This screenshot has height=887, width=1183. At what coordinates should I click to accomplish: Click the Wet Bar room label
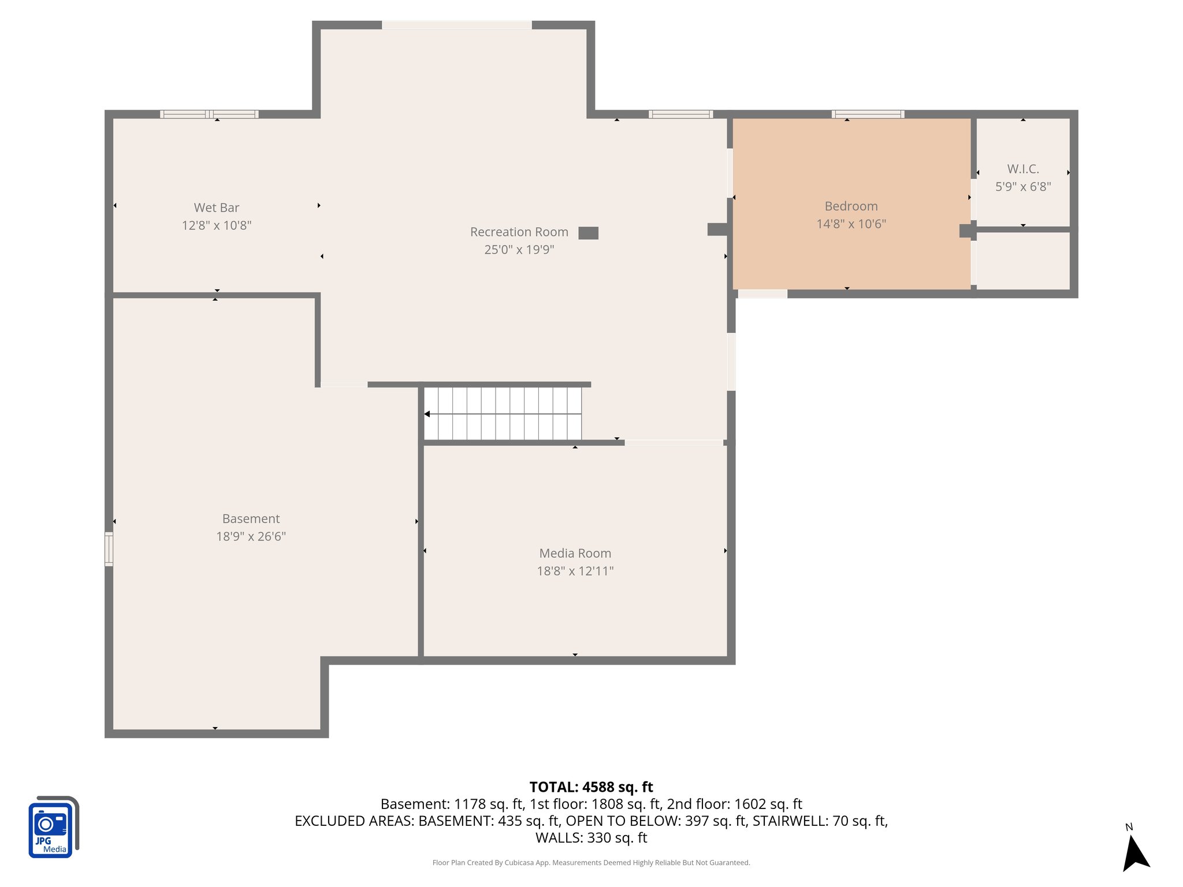point(216,207)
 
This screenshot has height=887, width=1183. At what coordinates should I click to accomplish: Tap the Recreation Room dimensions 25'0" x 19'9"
point(519,249)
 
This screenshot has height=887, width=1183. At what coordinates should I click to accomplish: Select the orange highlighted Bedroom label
point(851,206)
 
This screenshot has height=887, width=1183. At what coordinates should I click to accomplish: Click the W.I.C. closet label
point(1022,169)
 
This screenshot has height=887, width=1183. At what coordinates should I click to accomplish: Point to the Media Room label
point(575,553)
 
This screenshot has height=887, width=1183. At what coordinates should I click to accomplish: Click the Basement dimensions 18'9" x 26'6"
point(251,536)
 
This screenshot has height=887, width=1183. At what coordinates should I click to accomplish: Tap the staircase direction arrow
point(427,414)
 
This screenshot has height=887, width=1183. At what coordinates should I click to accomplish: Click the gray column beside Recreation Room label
point(588,233)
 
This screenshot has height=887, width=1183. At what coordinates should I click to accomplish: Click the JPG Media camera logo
point(52,827)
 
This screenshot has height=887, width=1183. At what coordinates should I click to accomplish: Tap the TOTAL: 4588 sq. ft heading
point(591,787)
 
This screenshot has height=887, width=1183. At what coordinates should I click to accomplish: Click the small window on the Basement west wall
point(109,549)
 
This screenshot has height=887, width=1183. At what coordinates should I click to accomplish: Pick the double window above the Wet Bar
point(209,114)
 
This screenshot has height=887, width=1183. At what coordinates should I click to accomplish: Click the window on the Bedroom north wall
point(868,114)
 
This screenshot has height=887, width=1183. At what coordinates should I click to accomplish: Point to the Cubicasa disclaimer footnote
point(591,863)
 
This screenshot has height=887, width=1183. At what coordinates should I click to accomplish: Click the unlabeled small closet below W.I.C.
point(1022,260)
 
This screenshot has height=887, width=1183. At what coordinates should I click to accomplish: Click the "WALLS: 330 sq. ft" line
point(591,837)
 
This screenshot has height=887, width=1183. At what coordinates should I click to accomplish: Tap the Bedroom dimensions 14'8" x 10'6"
point(851,224)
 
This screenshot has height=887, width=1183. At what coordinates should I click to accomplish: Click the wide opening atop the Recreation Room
point(456,25)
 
